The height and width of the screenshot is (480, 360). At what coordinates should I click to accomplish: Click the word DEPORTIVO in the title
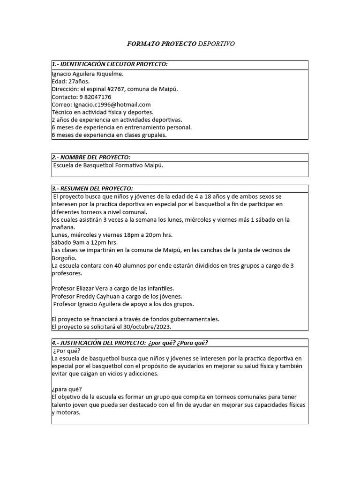(216, 44)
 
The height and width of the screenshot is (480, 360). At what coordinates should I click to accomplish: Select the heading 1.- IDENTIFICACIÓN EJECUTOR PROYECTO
(110, 64)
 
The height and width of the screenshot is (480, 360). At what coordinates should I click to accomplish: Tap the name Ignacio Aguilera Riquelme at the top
(88, 74)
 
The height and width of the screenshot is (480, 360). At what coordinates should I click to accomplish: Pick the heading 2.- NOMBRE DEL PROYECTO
(91, 157)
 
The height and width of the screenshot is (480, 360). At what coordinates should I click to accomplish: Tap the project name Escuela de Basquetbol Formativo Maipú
(108, 165)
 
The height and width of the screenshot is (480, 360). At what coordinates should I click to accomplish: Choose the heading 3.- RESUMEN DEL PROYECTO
(92, 188)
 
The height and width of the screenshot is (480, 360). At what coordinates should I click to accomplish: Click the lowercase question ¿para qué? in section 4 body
(67, 389)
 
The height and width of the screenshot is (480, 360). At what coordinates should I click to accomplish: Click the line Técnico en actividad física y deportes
(102, 112)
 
